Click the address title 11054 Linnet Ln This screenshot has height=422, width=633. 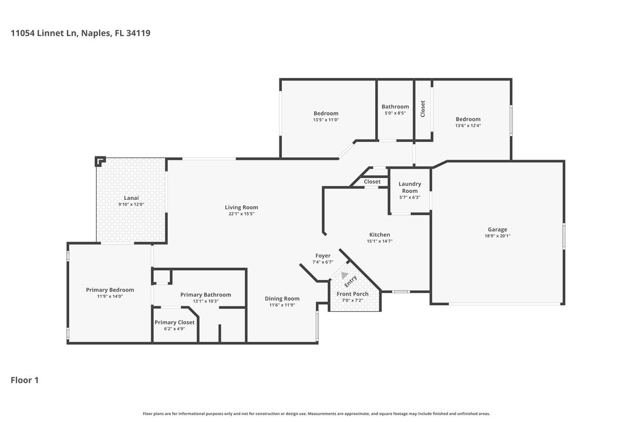(80, 33)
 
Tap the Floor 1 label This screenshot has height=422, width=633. (25, 380)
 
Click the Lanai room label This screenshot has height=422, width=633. (131, 198)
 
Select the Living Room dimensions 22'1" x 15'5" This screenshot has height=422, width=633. (241, 214)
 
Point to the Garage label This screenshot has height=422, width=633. (498, 230)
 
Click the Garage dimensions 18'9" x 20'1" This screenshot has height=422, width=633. (498, 236)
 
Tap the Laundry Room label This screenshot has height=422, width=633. (410, 188)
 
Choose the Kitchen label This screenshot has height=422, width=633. (379, 234)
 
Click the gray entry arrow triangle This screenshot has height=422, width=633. (345, 276)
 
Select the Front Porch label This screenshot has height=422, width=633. (352, 294)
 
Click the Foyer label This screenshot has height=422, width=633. (323, 256)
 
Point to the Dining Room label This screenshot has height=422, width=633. (282, 298)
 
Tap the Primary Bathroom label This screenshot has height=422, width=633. (206, 295)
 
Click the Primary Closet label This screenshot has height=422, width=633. (175, 322)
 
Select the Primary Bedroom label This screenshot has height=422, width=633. (110, 290)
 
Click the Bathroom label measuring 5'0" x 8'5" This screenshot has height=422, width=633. (395, 107)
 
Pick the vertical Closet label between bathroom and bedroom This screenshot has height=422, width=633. (423, 108)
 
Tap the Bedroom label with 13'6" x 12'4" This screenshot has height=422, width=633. (468, 119)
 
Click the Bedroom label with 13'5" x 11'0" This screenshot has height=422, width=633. (326, 113)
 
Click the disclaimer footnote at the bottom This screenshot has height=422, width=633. (316, 413)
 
